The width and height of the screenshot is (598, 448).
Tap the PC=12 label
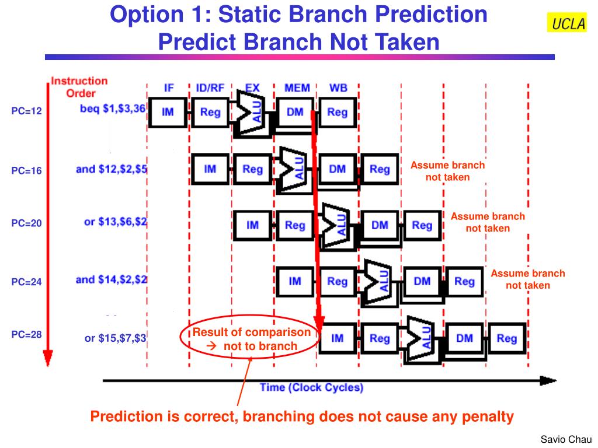(x=27, y=111)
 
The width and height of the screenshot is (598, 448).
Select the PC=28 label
(x=27, y=335)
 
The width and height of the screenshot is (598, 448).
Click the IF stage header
(x=169, y=88)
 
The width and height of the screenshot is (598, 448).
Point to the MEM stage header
(x=297, y=88)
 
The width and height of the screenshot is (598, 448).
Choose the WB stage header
(x=338, y=88)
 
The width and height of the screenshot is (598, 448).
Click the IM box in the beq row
(x=168, y=112)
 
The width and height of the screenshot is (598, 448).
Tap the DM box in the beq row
(x=295, y=112)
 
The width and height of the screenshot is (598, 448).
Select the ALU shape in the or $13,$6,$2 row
(x=335, y=226)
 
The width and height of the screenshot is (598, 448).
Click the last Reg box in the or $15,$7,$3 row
(x=506, y=338)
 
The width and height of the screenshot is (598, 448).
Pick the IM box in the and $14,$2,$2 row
(x=295, y=282)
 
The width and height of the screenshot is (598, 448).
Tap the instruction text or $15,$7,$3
(x=116, y=338)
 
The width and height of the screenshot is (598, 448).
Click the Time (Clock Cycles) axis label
(x=311, y=388)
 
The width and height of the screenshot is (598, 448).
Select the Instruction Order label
(x=79, y=87)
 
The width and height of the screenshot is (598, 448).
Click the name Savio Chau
(x=566, y=439)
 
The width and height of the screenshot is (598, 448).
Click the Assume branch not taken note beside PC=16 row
(x=447, y=171)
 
